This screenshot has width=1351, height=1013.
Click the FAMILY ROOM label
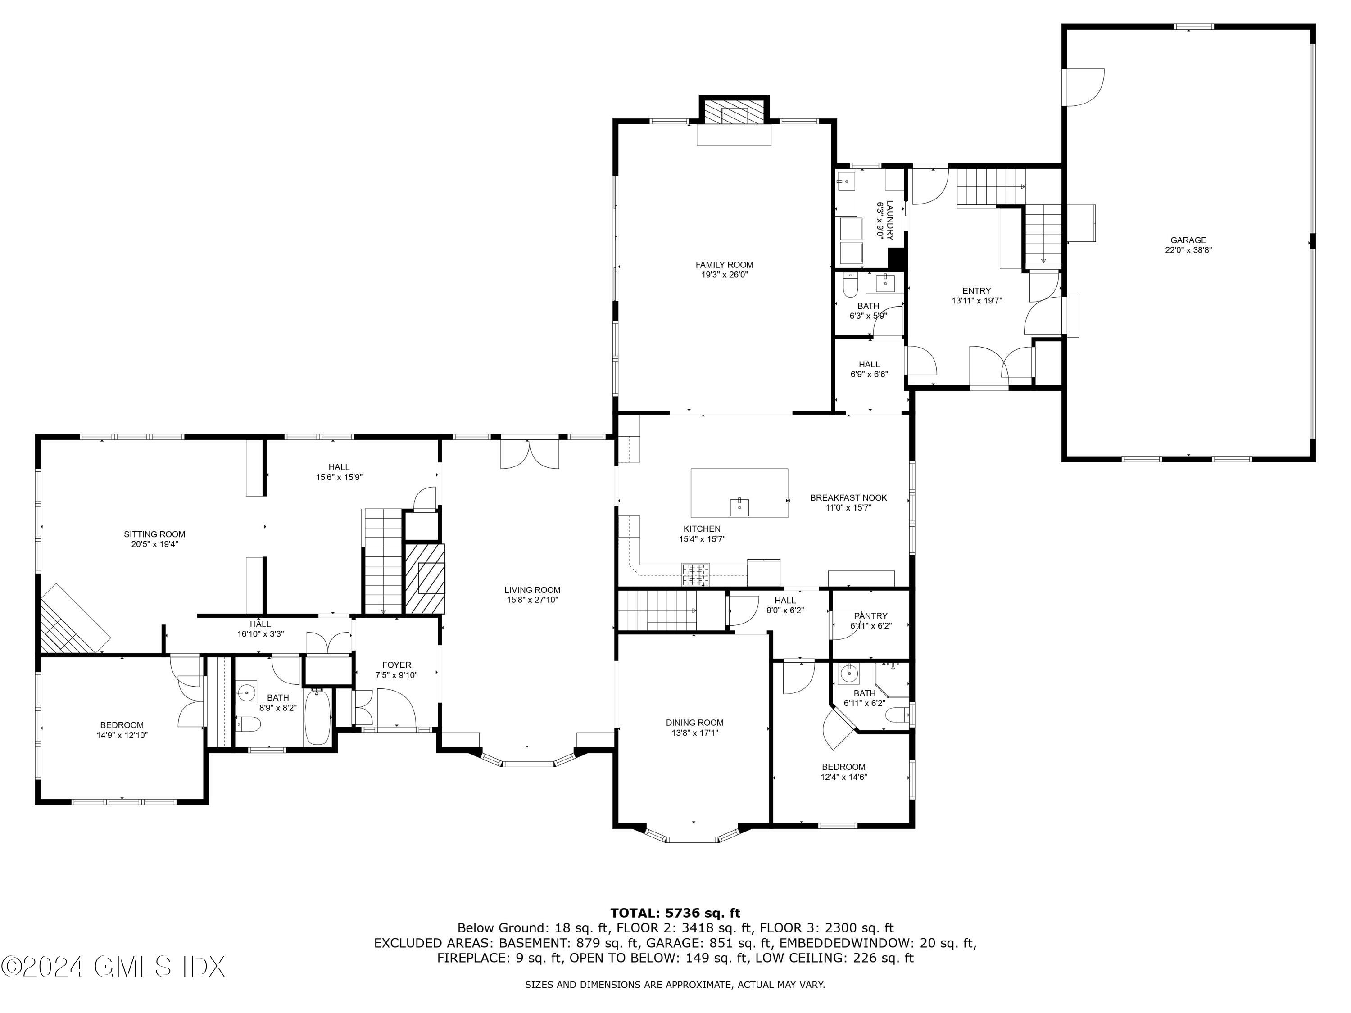724,264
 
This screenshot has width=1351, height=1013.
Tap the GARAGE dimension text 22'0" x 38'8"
1188,250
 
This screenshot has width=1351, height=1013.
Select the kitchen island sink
739,506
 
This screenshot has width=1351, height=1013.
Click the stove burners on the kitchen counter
696,574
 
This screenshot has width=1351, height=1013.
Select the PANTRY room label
870,615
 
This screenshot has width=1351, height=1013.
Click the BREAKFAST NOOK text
848,497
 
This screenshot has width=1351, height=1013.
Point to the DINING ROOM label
694,722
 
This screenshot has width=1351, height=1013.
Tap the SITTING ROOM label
154,534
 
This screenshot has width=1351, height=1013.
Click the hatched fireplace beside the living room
426,578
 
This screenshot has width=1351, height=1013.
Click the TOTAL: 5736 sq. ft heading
675,913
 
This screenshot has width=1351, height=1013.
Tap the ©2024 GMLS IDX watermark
113,967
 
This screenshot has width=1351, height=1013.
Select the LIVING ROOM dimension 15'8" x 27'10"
532,600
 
